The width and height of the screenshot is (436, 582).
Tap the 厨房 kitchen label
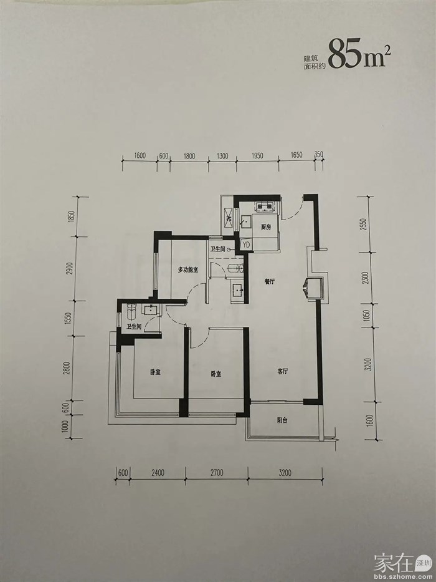point(265,228)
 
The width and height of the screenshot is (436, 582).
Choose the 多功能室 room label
point(188,270)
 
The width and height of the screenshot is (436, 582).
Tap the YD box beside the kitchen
point(246,244)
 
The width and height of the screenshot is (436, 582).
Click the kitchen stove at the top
point(265,206)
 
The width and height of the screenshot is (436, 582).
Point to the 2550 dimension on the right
point(364,224)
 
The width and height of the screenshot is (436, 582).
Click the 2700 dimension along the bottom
point(217,473)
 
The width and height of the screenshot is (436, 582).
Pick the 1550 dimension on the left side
point(67,318)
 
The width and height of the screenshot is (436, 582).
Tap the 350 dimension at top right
point(319,155)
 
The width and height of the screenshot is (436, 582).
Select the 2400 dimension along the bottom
point(158,473)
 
